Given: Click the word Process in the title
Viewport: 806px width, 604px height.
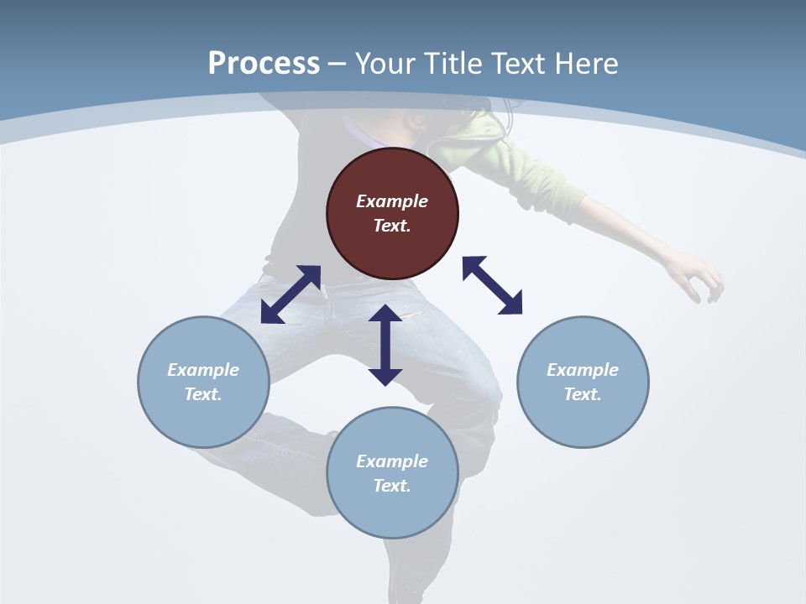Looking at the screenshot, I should tap(264, 64).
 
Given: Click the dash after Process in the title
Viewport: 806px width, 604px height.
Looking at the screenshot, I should tap(337, 65).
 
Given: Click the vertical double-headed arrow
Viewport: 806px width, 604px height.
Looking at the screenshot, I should tap(385, 345).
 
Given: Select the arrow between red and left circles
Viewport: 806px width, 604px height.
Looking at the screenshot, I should tap(290, 294).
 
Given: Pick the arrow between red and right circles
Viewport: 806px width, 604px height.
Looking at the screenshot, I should tap(493, 285).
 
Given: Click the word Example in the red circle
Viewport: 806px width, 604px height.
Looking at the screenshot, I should tap(392, 201).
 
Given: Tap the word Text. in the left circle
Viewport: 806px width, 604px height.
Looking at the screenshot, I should tap(203, 394).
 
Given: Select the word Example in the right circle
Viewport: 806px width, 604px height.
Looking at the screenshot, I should tap(583, 370).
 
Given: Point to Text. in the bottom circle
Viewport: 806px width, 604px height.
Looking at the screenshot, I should tap(392, 486).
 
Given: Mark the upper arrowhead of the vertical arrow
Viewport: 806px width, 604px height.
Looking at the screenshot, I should tap(385, 315).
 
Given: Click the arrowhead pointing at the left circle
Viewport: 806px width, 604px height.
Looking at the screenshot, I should tap(271, 314).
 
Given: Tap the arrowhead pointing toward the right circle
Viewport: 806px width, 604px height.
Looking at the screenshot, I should tap(511, 305).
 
